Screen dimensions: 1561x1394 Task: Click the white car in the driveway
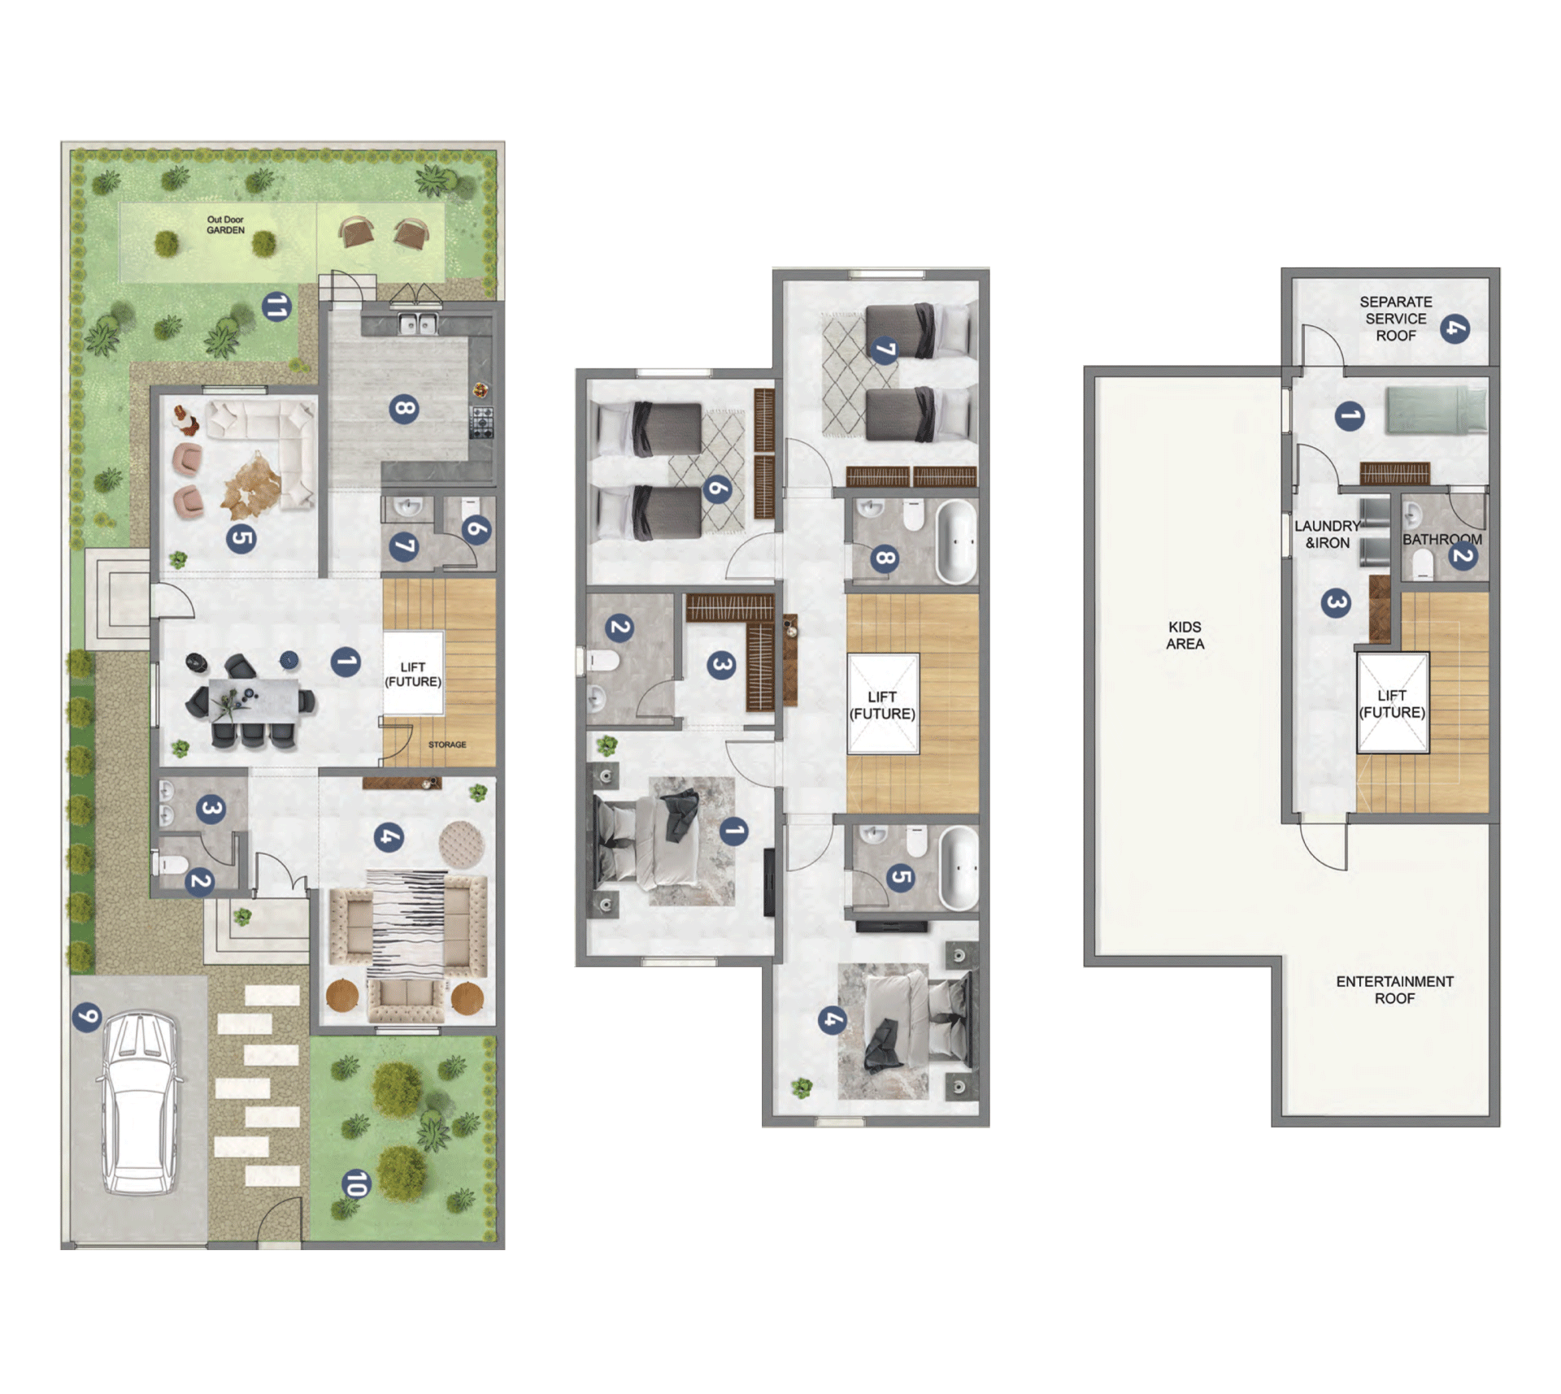[139, 1103]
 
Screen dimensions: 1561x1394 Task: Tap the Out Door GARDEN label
[225, 225]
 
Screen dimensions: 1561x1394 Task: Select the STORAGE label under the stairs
[447, 745]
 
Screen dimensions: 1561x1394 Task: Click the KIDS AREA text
[1185, 636]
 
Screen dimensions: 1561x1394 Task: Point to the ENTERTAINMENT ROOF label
[1394, 990]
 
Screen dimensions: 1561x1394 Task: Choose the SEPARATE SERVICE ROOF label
[1396, 319]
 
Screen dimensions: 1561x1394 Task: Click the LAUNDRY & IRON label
[1327, 535]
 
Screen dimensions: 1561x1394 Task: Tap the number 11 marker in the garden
[276, 307]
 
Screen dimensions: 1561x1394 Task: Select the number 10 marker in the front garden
[355, 1183]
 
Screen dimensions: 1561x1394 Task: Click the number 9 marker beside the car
[87, 1016]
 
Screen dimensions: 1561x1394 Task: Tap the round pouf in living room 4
[462, 845]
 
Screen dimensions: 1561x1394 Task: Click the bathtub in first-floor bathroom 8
[956, 541]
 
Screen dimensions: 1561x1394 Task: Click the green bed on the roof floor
[1436, 409]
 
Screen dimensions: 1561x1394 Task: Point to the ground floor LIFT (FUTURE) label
[413, 674]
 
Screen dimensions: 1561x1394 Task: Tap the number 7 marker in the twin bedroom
[885, 350]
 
